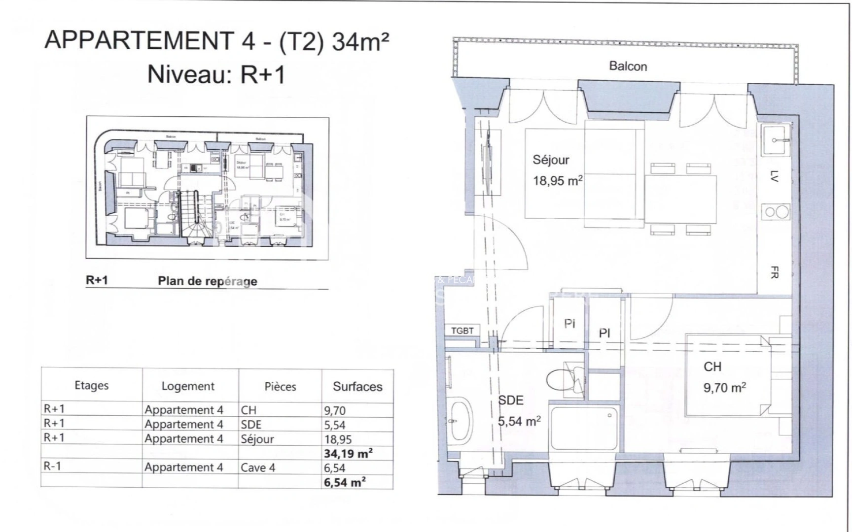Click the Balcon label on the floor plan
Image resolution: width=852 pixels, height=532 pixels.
(x=628, y=66)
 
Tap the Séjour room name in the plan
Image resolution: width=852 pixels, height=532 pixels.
(x=551, y=160)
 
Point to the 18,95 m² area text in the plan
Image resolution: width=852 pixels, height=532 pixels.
(x=557, y=180)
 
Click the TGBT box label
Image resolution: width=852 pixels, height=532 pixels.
(x=462, y=331)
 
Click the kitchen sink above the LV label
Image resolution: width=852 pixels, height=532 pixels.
(x=775, y=140)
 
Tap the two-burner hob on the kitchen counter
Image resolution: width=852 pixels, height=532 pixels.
(x=775, y=213)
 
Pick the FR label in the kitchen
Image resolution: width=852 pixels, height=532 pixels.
(x=774, y=272)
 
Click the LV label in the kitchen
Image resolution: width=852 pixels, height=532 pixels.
(x=774, y=176)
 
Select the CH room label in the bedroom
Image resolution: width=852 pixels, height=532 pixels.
(x=712, y=366)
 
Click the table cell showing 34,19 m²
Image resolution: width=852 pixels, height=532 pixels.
(x=348, y=453)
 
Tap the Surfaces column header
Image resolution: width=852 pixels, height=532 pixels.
(x=357, y=387)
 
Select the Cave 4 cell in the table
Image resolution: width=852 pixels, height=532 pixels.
(x=257, y=467)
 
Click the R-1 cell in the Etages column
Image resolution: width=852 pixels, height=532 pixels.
(x=53, y=466)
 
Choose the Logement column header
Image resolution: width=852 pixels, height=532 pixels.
(x=188, y=387)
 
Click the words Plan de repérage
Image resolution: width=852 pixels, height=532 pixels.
(x=208, y=281)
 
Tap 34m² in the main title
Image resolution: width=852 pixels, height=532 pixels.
(x=360, y=41)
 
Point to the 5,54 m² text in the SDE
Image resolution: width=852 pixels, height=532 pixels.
(x=519, y=422)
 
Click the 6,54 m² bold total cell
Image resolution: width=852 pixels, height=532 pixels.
(x=345, y=482)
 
